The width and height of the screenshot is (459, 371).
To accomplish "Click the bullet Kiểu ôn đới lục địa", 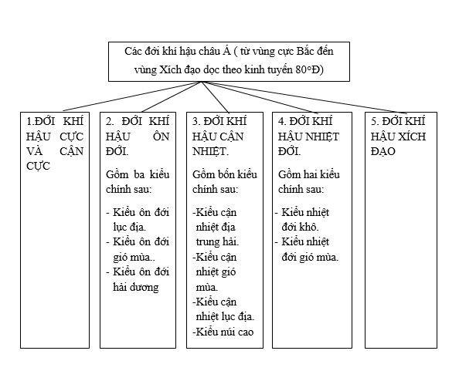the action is (x=137, y=219).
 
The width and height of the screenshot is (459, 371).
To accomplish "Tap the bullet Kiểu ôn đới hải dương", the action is (x=137, y=279).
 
